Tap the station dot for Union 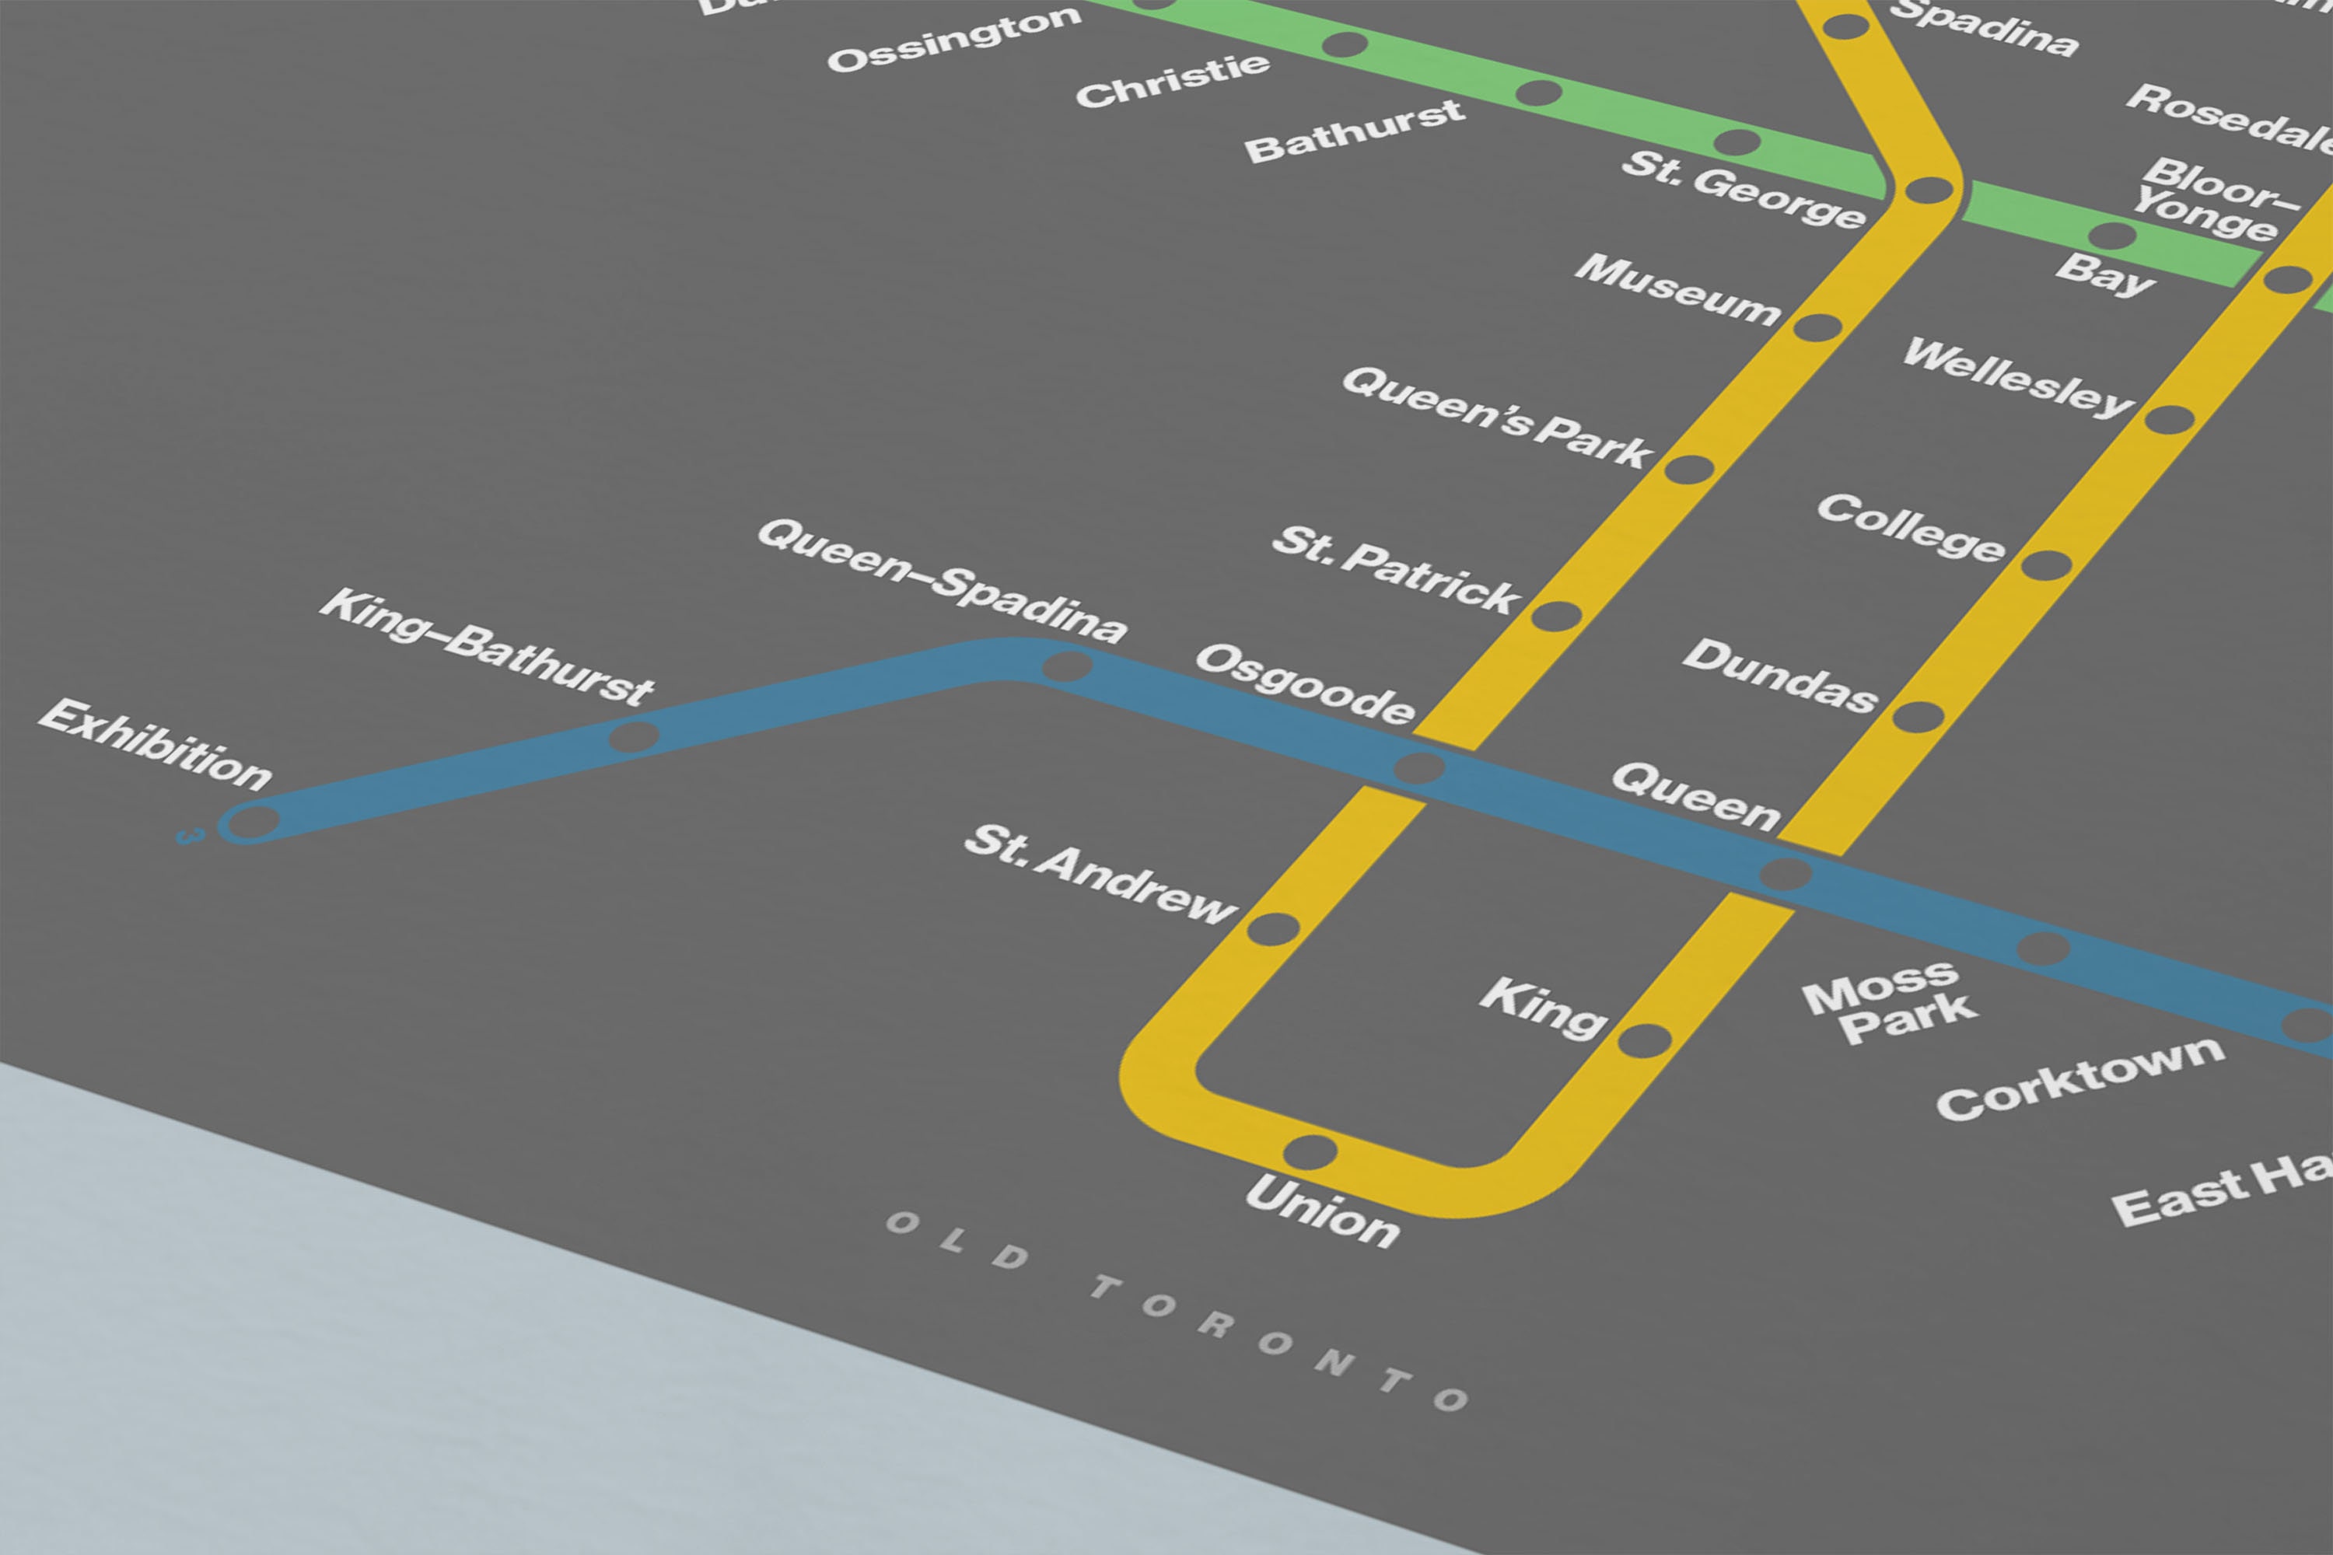[1310, 1152]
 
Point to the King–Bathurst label [487, 647]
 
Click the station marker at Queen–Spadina [1066, 666]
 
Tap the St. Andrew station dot [1272, 928]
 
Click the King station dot [1645, 1041]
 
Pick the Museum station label [1677, 288]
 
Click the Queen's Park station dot [1689, 469]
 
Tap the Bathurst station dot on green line [1538, 93]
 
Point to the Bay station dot [2112, 236]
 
